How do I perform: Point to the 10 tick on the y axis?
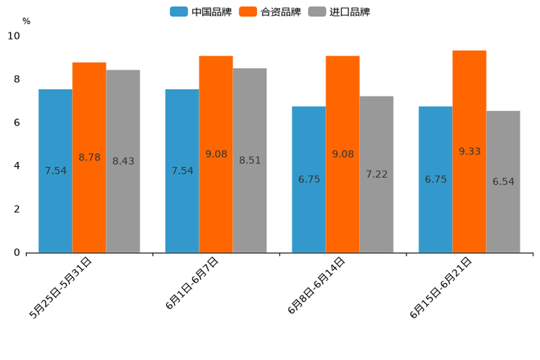pyautogui.click(x=14, y=36)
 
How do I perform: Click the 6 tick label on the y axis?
pyautogui.click(x=17, y=123)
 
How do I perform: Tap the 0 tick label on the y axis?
pyautogui.click(x=17, y=253)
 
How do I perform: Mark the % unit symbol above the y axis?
pyautogui.click(x=26, y=21)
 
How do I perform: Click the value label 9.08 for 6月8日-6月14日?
pyautogui.click(x=343, y=154)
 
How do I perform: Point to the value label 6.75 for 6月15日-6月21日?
pyautogui.click(x=435, y=179)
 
